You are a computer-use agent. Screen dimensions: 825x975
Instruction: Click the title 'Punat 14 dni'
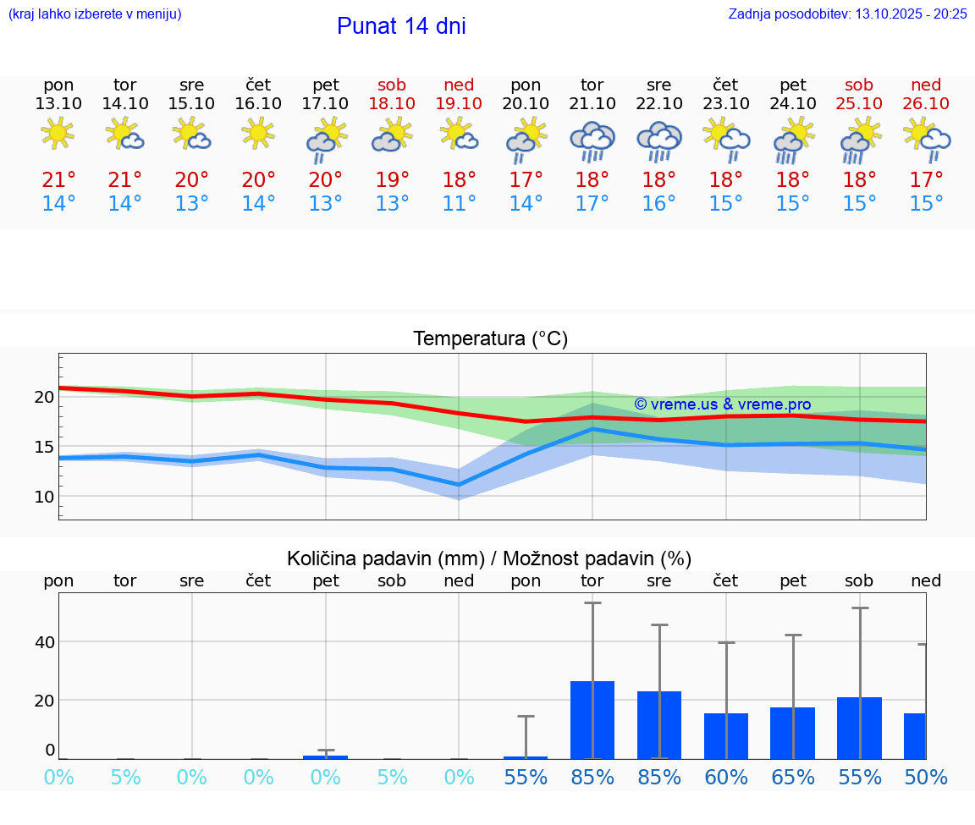coord(401,26)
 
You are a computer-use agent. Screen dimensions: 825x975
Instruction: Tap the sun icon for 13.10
coord(58,135)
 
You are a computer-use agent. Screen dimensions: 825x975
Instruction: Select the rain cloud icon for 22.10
coord(658,140)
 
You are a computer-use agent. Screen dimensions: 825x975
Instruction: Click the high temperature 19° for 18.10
coord(392,180)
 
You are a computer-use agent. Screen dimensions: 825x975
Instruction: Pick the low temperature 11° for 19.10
coord(459,204)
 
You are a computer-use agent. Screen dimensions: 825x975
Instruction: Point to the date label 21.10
coord(592,103)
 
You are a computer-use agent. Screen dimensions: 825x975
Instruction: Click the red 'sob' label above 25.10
coord(859,85)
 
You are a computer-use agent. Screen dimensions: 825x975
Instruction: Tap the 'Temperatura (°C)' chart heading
coord(490,339)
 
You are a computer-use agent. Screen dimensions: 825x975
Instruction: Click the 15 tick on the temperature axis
coord(44,447)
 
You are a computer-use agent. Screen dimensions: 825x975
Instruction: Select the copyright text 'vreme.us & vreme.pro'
coord(722,404)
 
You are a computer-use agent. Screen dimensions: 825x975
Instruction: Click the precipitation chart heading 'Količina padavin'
coord(489,558)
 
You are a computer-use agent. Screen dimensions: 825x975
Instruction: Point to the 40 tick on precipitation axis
coord(44,642)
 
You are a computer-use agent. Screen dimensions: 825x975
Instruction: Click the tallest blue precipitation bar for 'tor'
coord(592,719)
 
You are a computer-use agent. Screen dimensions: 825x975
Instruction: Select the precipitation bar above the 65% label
coord(792,733)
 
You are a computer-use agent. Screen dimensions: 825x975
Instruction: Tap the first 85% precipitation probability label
coord(592,777)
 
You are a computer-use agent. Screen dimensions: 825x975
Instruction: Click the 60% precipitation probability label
coord(726,777)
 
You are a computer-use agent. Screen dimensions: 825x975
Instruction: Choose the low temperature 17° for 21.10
coord(592,204)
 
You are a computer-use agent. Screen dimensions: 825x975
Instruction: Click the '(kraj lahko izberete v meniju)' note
coord(94,14)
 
